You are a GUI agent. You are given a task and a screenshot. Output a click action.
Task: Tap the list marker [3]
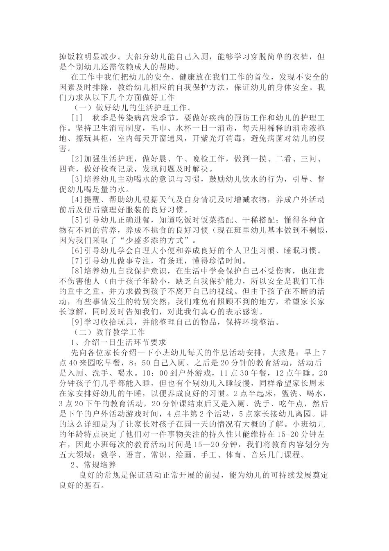pos(77,179)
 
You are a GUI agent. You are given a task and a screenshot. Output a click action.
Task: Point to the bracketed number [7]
pos(77,260)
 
